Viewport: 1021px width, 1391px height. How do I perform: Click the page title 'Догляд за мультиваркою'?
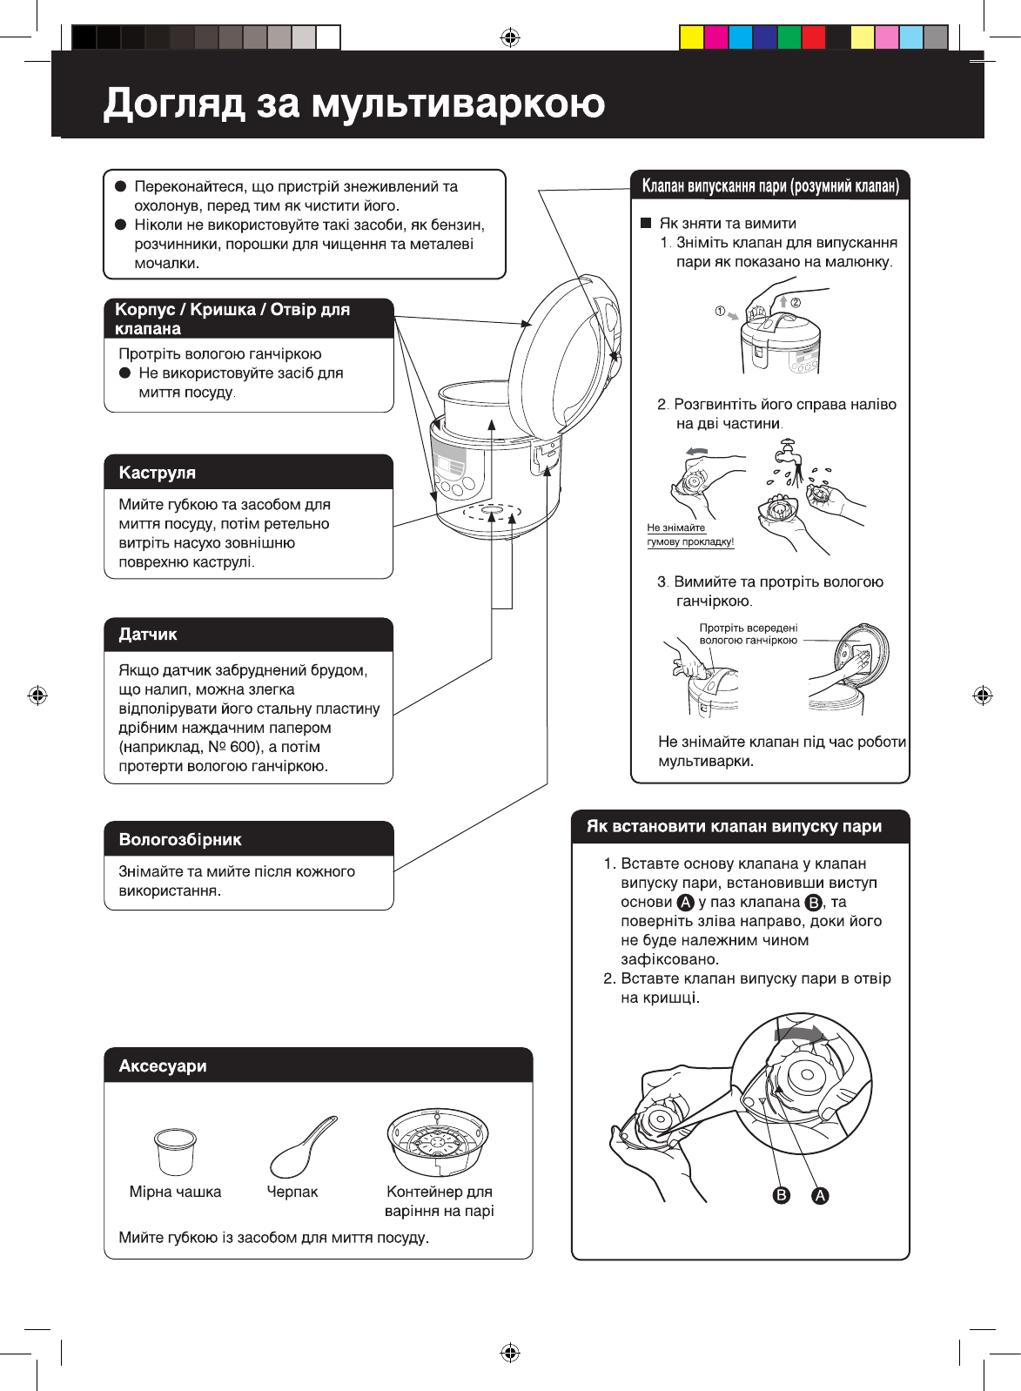click(x=353, y=103)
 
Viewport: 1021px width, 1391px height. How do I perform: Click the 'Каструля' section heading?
click(x=157, y=473)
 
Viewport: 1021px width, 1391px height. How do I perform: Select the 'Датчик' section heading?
click(x=148, y=635)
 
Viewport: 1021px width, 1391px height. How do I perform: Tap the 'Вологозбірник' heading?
click(x=180, y=840)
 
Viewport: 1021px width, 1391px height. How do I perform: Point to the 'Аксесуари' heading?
click(x=163, y=1066)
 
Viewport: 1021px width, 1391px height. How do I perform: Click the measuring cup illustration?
click(x=175, y=1152)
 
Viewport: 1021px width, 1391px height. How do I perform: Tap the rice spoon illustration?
click(x=303, y=1146)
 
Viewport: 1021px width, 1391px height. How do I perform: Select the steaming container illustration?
click(x=438, y=1143)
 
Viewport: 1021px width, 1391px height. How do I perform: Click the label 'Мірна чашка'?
click(x=175, y=1192)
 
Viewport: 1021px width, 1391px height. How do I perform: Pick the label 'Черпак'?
click(x=292, y=1192)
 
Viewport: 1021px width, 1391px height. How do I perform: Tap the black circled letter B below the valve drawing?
click(x=782, y=1195)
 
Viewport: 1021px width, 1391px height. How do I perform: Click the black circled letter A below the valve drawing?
click(x=820, y=1195)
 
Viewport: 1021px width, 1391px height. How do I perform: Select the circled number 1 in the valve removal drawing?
click(x=720, y=311)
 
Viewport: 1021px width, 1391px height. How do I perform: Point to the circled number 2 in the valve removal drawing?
click(x=796, y=302)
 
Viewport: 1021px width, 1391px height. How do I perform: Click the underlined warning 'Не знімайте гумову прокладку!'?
click(x=690, y=535)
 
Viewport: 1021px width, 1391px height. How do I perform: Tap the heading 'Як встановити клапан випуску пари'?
click(x=734, y=827)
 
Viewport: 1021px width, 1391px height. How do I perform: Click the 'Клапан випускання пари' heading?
click(x=769, y=186)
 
